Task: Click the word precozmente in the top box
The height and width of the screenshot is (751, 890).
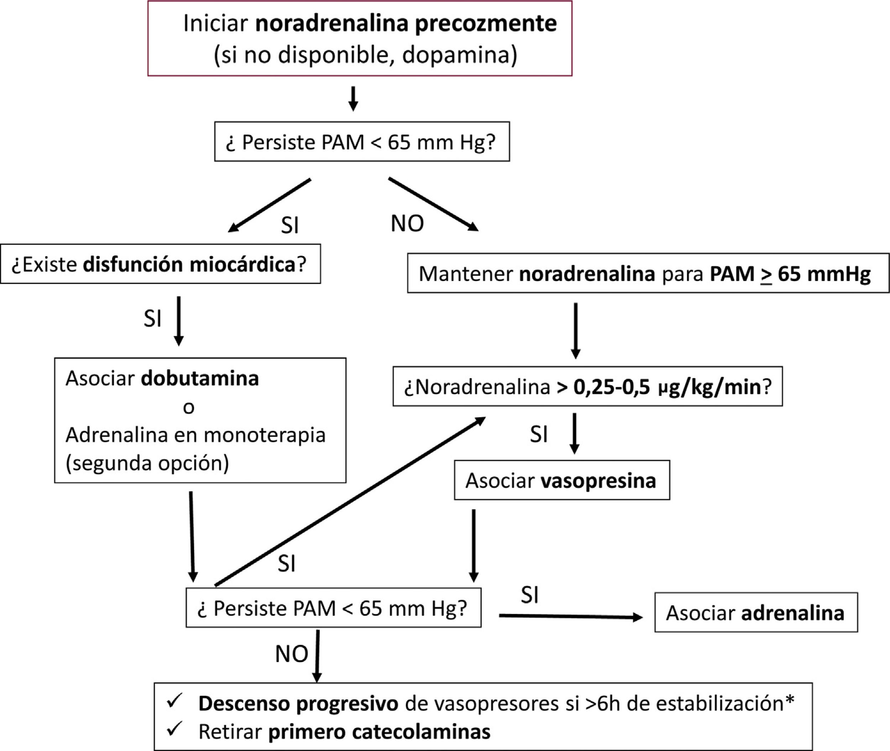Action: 486,24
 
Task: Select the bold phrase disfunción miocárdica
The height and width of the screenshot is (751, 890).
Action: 189,264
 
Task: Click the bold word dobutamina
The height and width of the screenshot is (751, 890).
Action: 200,379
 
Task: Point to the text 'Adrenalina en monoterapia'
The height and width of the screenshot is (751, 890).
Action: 195,435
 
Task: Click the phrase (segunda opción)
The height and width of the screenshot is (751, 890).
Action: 147,463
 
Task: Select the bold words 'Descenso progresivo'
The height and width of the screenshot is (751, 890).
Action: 298,703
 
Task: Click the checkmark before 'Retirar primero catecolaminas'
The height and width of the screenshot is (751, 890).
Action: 175,729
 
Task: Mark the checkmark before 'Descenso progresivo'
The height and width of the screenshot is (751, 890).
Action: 175,701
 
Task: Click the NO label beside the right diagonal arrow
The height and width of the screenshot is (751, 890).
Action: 407,223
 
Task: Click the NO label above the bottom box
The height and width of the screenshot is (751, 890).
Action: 292,654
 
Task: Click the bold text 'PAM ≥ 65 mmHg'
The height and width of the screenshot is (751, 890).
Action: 790,274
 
